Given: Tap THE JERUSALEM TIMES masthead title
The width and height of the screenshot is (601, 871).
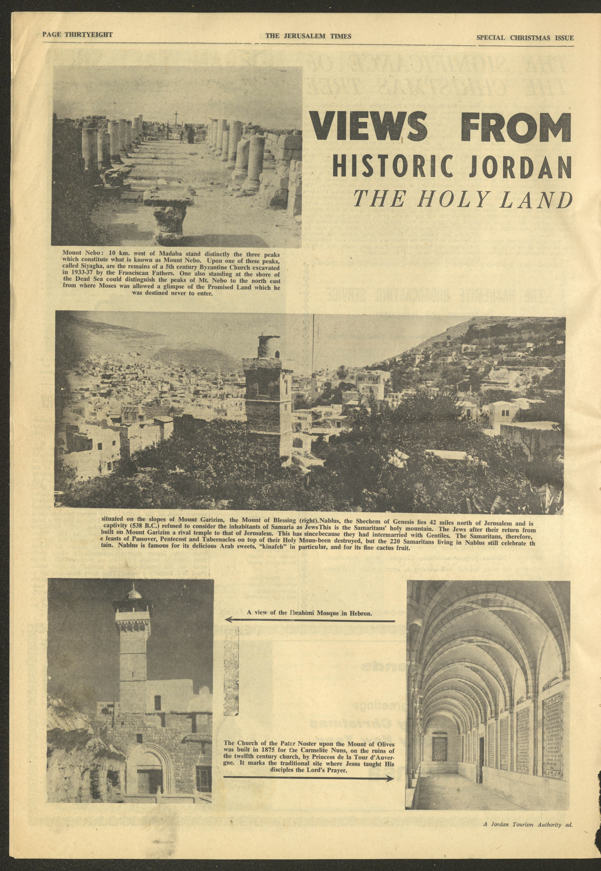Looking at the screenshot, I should click(308, 36).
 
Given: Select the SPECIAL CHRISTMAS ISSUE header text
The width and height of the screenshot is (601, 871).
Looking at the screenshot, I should click(525, 38).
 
